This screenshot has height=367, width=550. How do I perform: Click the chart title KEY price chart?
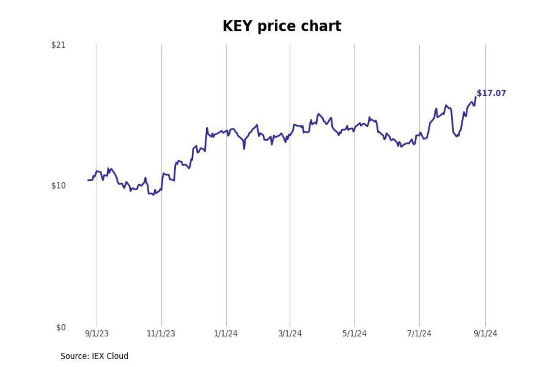coord(281,26)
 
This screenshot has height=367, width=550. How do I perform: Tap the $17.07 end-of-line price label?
coord(491,93)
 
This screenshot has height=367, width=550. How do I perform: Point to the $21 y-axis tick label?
coord(58,45)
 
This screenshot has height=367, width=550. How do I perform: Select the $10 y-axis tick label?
coord(58,186)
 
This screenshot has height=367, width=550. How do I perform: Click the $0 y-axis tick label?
coord(61,327)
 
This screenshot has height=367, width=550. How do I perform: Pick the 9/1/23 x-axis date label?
coord(97,334)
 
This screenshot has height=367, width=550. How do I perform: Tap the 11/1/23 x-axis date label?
coord(161,334)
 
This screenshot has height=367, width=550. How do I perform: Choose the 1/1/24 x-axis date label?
coord(226,334)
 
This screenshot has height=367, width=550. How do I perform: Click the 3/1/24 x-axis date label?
coord(290,334)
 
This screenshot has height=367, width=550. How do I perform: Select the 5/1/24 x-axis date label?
coord(354,334)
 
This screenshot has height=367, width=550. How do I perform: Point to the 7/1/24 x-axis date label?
coord(419,334)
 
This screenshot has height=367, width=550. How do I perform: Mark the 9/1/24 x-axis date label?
coord(485,334)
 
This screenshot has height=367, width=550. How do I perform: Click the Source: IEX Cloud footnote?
coord(94,356)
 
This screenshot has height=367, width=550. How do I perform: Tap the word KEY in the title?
coord(237,26)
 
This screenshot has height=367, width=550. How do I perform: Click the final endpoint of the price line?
coord(476,97)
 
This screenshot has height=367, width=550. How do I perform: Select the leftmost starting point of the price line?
coord(88,180)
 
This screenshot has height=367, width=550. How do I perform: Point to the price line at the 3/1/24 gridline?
coord(290,135)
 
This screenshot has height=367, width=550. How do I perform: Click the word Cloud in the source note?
coord(117,356)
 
